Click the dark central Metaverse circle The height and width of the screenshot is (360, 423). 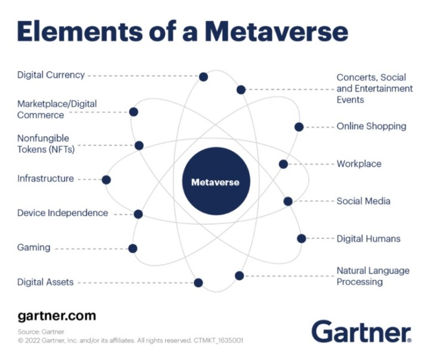216,181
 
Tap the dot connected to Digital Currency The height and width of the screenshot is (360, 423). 203,77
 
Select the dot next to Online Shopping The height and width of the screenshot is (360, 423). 299,127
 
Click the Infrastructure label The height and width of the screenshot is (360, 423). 45,179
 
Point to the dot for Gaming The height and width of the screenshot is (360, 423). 133,248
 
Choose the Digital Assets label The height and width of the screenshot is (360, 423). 45,282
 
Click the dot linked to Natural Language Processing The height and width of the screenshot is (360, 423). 240,276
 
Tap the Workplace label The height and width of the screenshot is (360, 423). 359,164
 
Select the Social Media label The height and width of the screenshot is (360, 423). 363,201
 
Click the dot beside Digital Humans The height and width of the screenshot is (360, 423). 302,238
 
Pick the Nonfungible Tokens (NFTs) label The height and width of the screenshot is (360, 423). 46,144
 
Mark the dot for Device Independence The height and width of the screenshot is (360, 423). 138,214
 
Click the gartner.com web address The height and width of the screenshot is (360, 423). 57,316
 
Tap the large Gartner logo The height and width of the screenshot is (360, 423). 362,331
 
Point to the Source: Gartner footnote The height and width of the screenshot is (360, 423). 41,331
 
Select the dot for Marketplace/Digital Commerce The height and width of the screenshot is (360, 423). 134,112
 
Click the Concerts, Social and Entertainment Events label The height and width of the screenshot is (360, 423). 375,88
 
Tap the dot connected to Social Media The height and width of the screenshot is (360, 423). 288,201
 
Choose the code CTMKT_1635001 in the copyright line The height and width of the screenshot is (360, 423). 219,340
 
